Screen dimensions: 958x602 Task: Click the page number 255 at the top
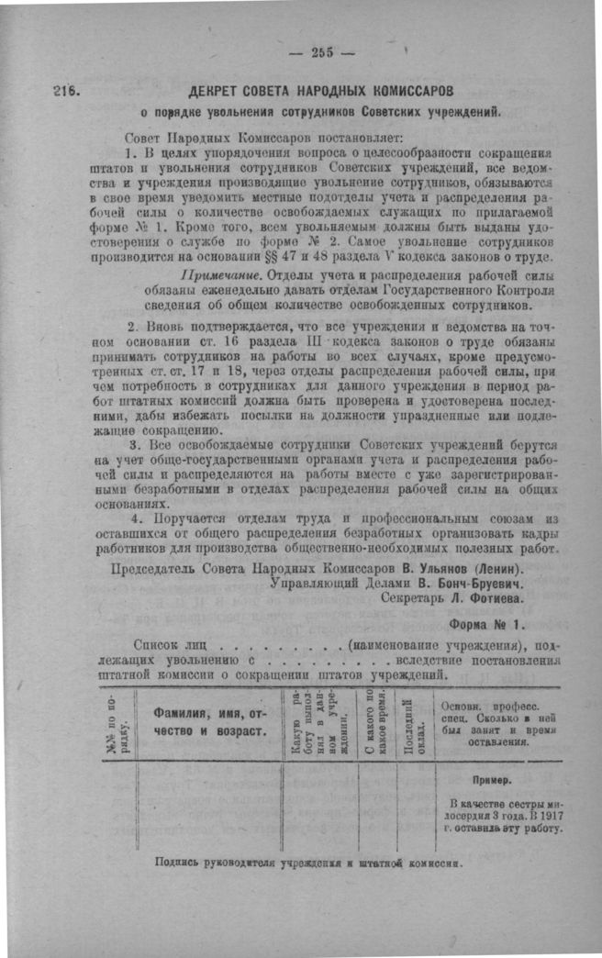coord(320,52)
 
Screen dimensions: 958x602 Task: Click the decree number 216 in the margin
coord(67,92)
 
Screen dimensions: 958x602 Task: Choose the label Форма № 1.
coord(486,625)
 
